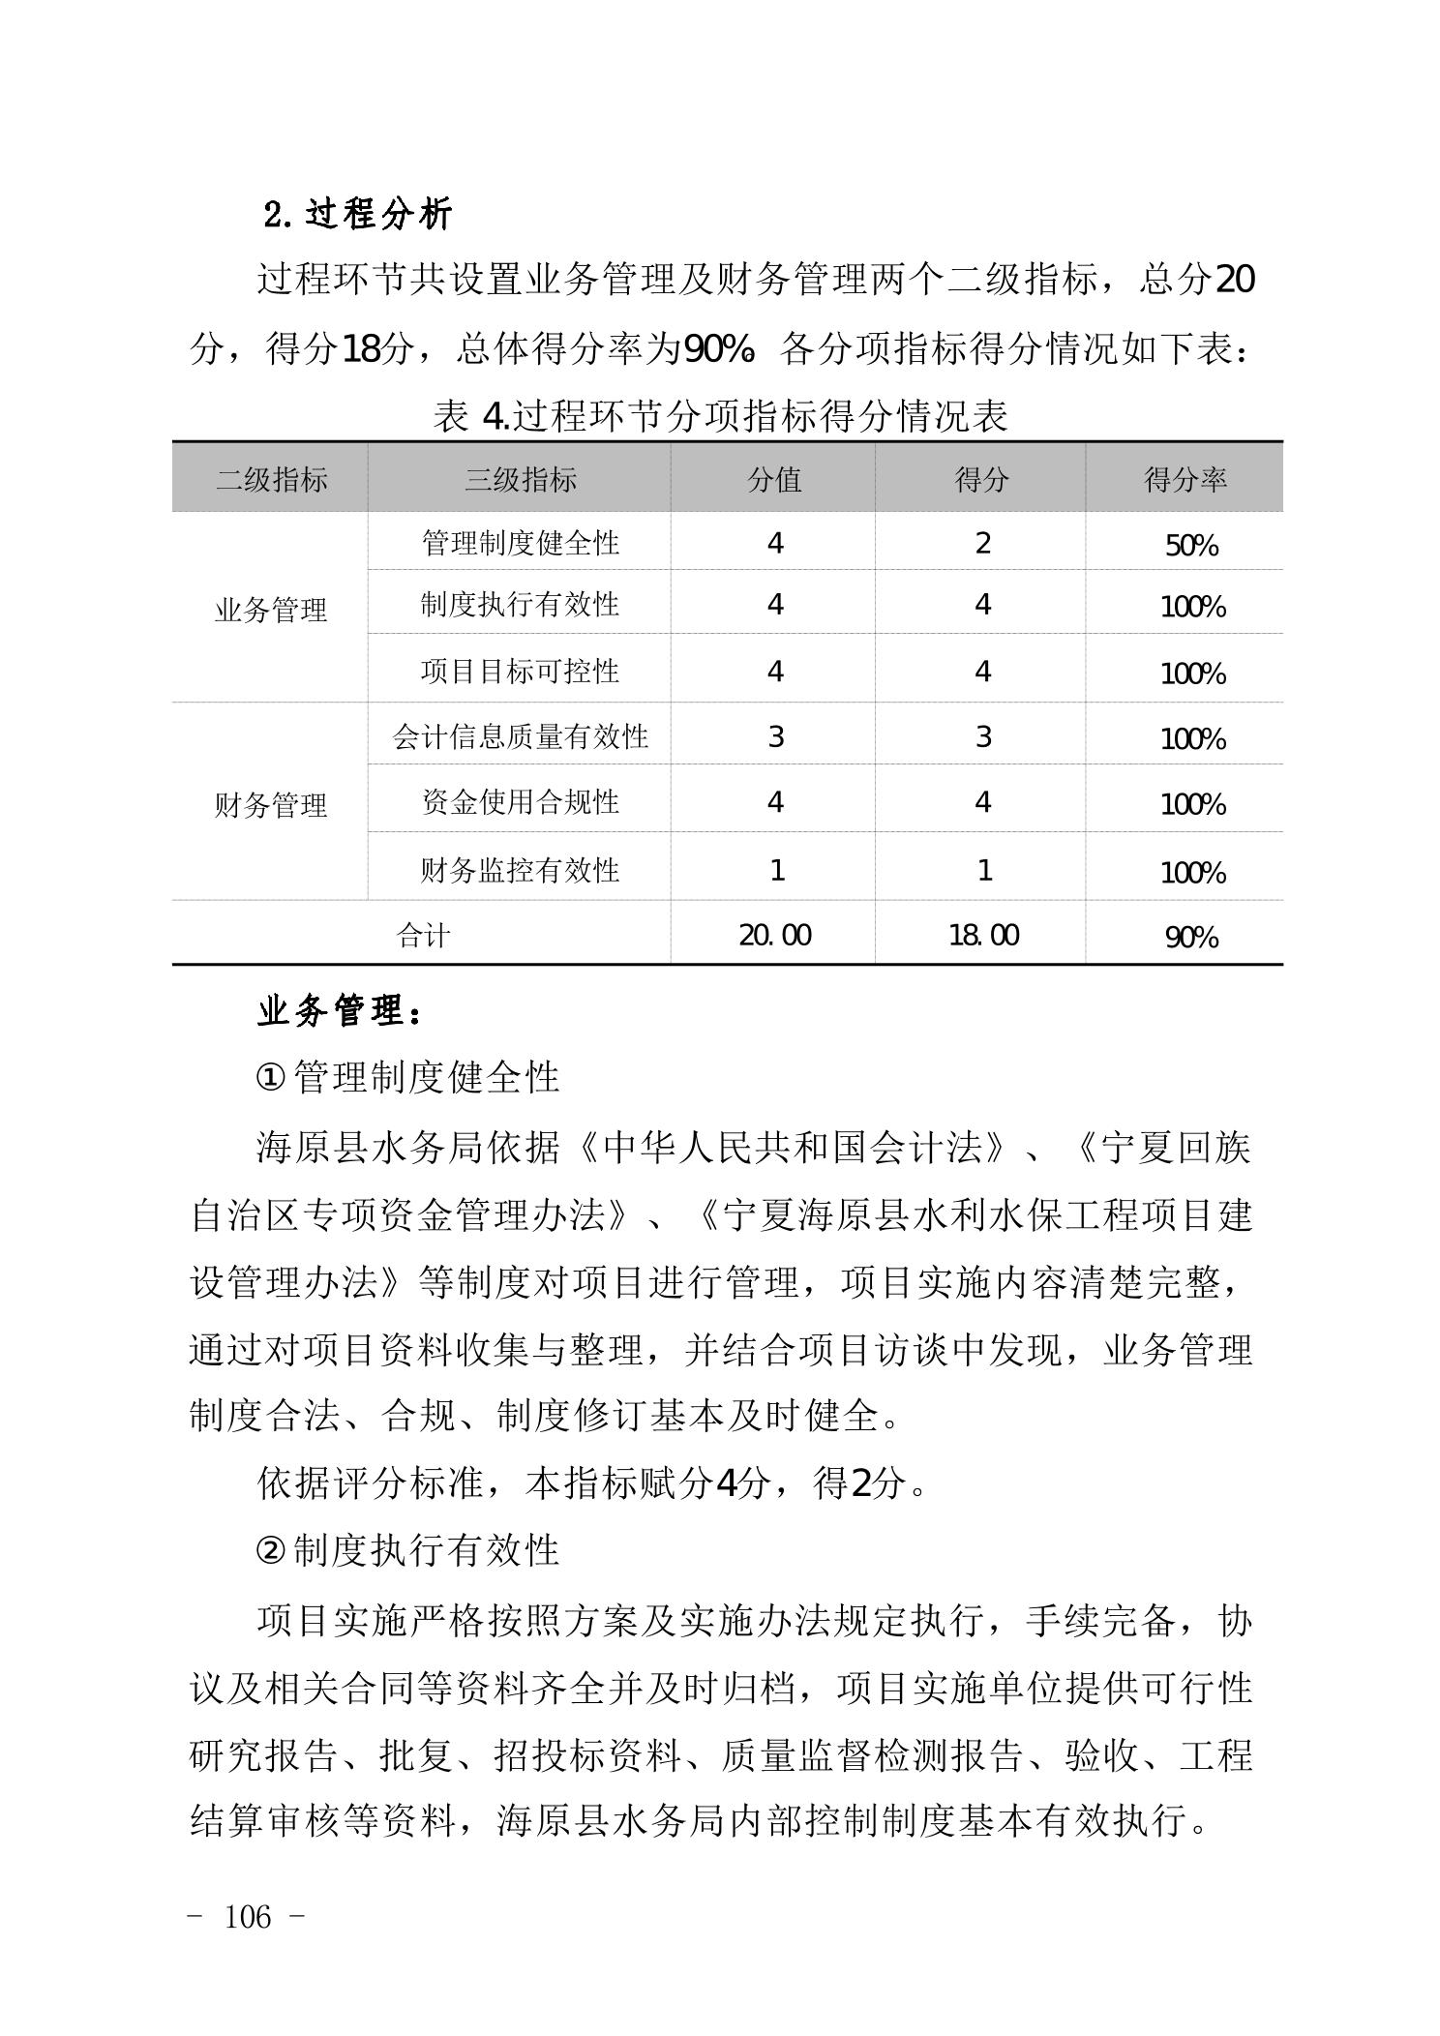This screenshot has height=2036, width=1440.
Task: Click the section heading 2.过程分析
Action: tap(357, 214)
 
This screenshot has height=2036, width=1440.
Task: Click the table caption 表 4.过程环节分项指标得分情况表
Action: tap(720, 416)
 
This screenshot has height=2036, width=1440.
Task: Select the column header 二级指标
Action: tap(271, 479)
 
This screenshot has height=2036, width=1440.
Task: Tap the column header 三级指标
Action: tap(521, 479)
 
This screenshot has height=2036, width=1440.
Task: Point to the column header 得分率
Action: tap(1185, 479)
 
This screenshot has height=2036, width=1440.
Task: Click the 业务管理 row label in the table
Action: tap(271, 610)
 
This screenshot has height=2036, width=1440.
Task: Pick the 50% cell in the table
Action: tap(1191, 546)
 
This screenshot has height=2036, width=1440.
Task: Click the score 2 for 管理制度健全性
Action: tap(982, 543)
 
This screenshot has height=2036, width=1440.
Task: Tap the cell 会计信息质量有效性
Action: tap(521, 737)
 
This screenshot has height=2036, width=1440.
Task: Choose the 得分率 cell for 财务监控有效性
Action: tap(1192, 873)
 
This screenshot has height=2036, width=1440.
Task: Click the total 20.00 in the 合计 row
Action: tap(774, 935)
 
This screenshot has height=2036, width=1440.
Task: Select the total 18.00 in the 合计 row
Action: tap(983, 935)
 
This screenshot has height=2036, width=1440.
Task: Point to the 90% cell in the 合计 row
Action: tap(1191, 937)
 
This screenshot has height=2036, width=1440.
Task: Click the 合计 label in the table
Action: tap(423, 935)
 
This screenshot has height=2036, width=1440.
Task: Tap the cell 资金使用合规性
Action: tap(521, 802)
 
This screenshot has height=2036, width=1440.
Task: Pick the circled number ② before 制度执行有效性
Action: tap(270, 1550)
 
